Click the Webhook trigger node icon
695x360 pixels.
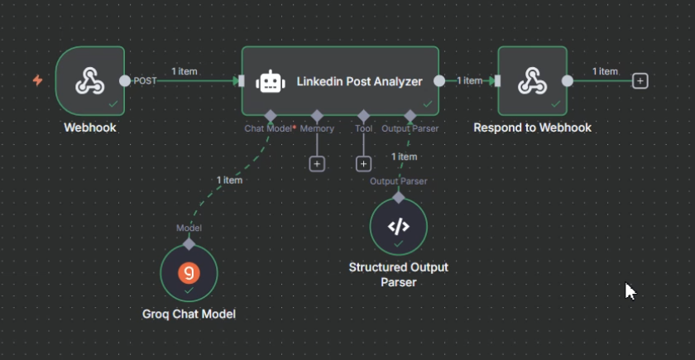point(90,80)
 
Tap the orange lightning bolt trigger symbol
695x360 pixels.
point(37,80)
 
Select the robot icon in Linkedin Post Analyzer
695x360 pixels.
point(271,81)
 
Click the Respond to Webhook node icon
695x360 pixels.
point(532,80)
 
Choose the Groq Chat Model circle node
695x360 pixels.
point(189,274)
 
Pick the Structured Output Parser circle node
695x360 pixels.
point(399,227)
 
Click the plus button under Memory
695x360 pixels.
point(317,164)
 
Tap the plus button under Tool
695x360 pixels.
point(362,164)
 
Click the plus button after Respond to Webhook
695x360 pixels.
point(640,81)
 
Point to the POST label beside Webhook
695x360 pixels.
point(146,81)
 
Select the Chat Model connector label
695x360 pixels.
point(268,128)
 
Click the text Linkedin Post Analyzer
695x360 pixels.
point(359,81)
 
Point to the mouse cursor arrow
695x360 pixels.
point(630,290)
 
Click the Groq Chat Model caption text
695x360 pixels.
point(189,314)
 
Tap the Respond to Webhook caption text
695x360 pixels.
point(532,127)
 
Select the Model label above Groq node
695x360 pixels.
point(189,228)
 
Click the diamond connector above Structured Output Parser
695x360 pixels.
point(399,197)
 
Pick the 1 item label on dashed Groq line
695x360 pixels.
point(229,180)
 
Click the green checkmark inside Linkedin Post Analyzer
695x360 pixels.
point(428,104)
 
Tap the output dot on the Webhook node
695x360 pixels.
point(124,81)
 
